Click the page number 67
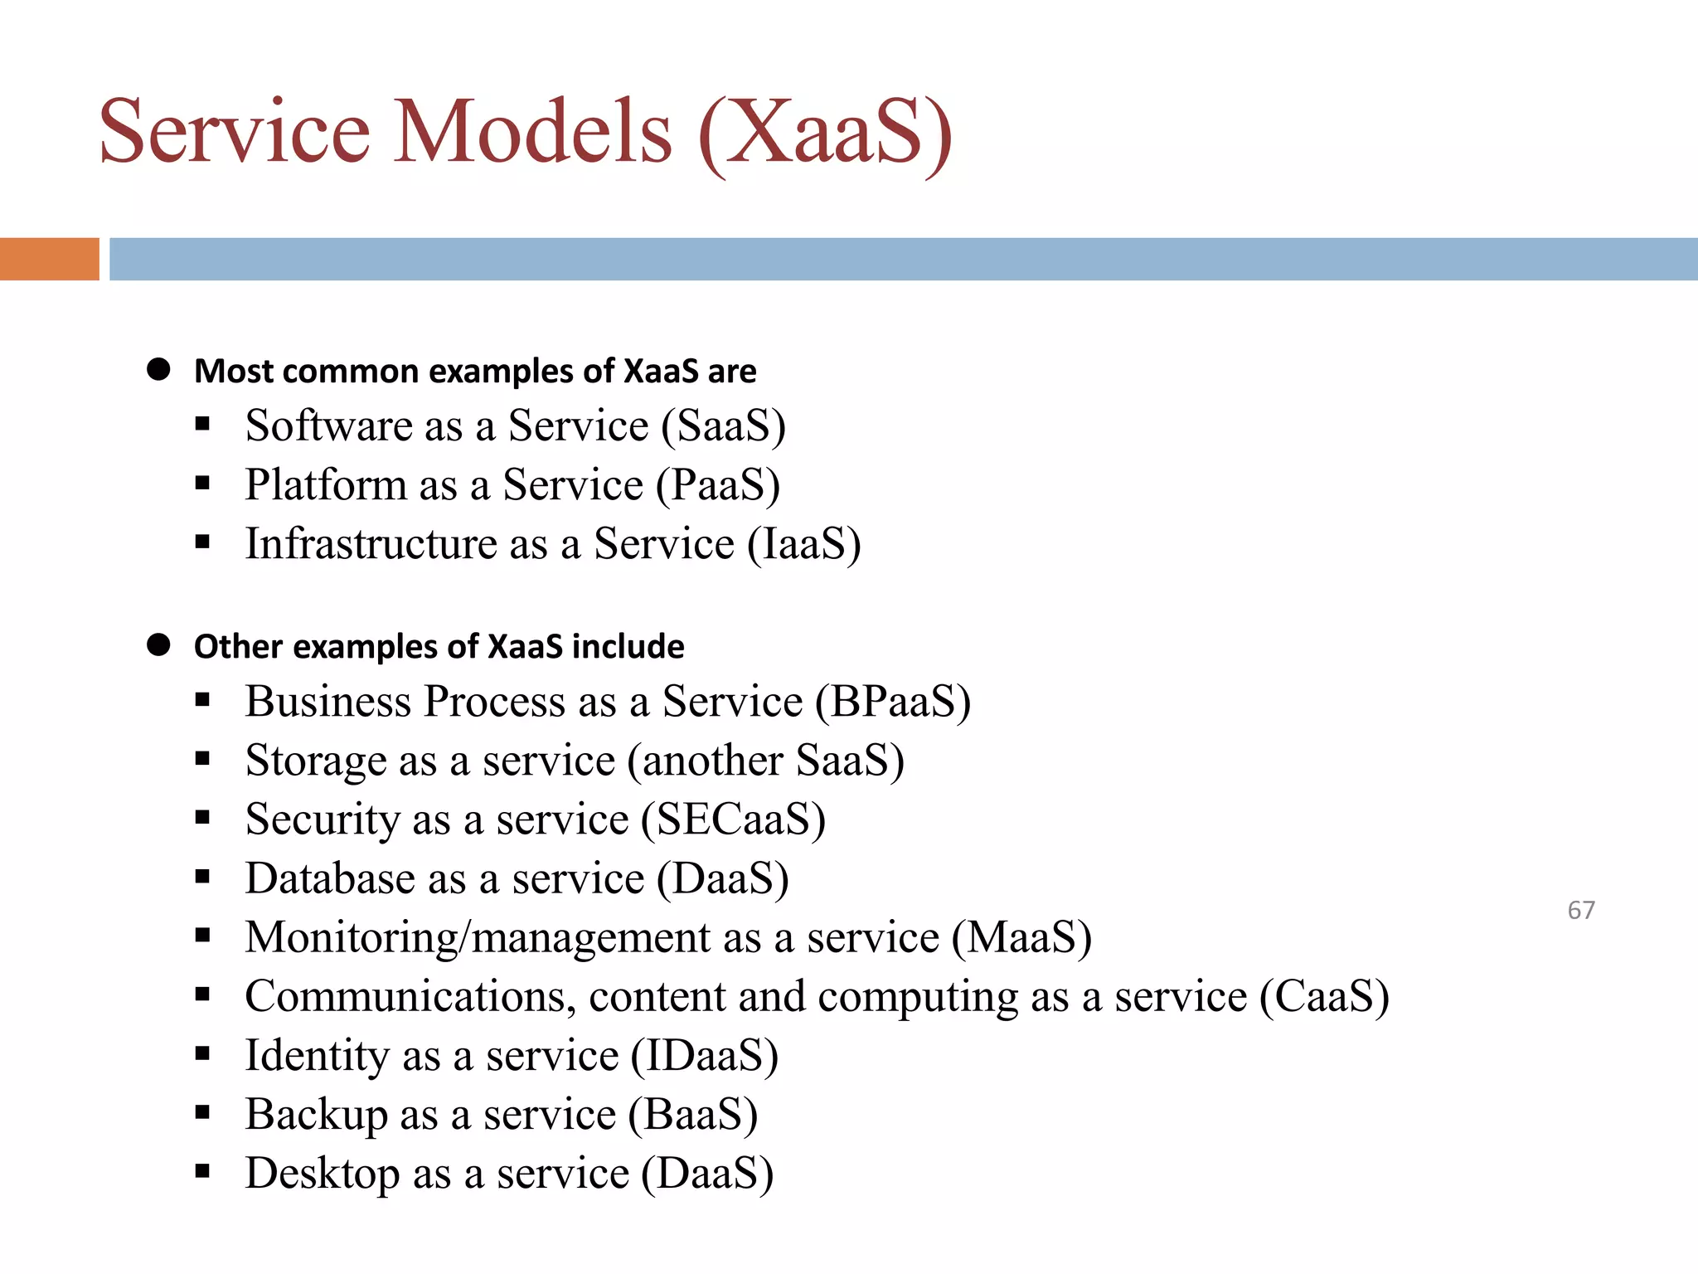[x=1580, y=910]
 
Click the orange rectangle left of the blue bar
[x=49, y=259]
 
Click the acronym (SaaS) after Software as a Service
[x=723, y=426]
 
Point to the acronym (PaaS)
[x=718, y=485]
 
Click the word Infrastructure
[x=371, y=544]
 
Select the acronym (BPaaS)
[x=892, y=702]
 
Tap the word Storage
[x=316, y=761]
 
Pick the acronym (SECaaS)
[x=733, y=819]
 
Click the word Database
[x=329, y=878]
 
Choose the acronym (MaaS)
[x=1021, y=937]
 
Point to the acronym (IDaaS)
[x=705, y=1055]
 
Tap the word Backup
[x=316, y=1114]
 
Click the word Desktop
[x=323, y=1173]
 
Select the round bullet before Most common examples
[x=158, y=370]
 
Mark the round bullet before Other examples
[x=158, y=645]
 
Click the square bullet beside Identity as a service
[x=202, y=1054]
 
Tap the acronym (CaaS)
[x=1324, y=996]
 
